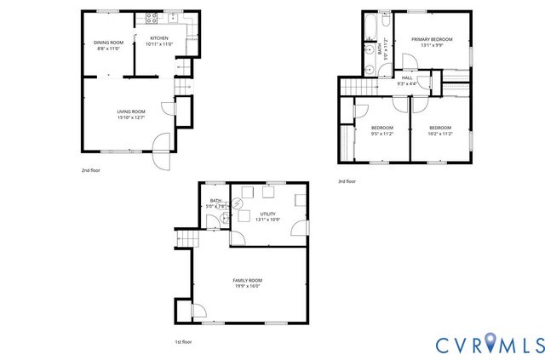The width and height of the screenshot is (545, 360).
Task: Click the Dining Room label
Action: (108, 43)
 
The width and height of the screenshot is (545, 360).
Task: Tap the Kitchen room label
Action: (158, 38)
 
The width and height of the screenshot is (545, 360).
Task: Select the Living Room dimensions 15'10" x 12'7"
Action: (131, 117)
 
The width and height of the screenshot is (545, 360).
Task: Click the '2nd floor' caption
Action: (90, 170)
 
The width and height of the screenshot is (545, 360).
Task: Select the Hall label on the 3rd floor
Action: (407, 77)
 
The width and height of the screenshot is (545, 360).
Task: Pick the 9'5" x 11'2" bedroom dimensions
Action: (381, 134)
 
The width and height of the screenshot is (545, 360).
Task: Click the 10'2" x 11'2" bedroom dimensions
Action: (439, 134)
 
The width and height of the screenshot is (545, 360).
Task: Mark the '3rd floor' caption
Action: (347, 181)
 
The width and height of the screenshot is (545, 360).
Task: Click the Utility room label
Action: (267, 214)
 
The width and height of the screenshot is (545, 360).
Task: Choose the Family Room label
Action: (248, 280)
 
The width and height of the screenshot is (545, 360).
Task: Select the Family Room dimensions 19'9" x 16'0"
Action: (248, 286)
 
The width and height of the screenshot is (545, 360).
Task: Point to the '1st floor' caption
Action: (182, 341)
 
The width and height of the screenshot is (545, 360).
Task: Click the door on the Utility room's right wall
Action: (299, 228)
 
